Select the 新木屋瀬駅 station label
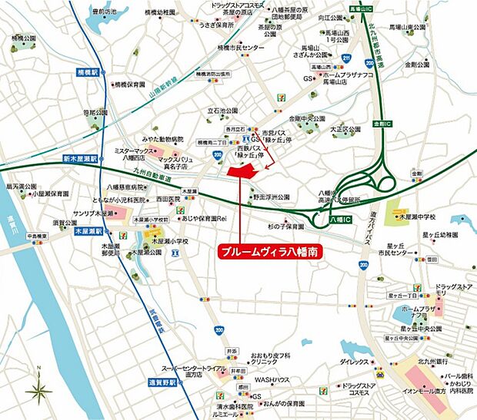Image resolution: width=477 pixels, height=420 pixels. [77, 158]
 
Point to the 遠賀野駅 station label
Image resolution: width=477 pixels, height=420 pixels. [162, 382]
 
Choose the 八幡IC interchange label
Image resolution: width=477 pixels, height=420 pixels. [339, 220]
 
